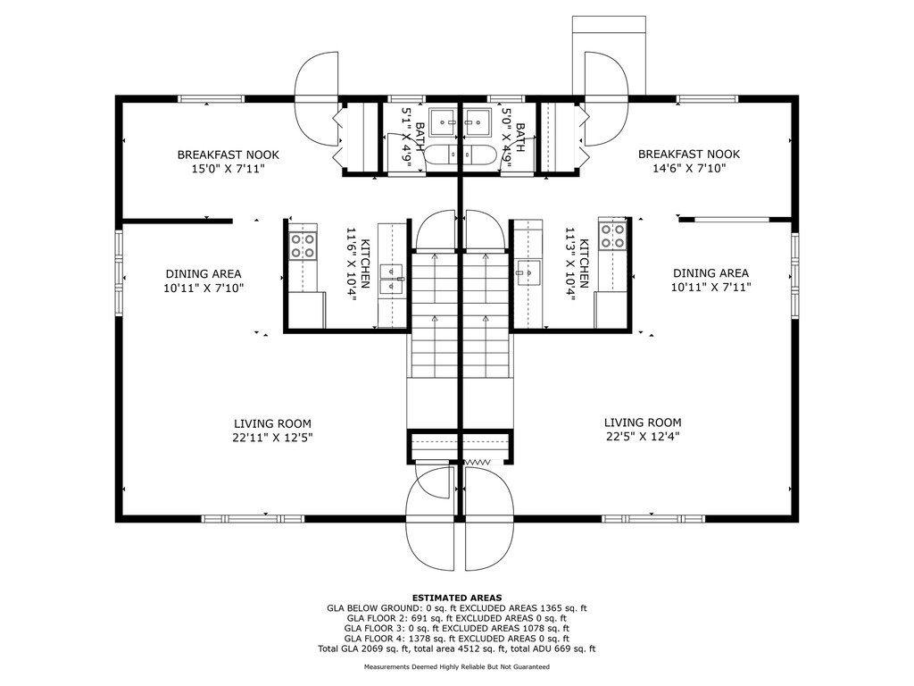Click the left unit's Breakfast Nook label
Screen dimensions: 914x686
228,155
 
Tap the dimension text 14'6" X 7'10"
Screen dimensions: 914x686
688,169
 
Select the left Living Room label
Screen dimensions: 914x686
272,423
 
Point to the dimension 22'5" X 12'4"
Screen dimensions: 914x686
643,437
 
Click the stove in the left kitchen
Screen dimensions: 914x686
303,246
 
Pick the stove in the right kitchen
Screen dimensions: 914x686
612,236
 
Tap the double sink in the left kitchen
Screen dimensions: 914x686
391,279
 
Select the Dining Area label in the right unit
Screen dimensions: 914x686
710,273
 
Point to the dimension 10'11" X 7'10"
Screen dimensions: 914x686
204,288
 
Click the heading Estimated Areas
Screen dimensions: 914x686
457,598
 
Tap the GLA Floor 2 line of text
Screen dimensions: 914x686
457,618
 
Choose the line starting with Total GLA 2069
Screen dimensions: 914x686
457,648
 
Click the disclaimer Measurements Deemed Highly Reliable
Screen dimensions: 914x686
457,666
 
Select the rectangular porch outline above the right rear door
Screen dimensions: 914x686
609,55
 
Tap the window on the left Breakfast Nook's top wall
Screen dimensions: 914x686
211,98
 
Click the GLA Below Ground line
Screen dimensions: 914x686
457,608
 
